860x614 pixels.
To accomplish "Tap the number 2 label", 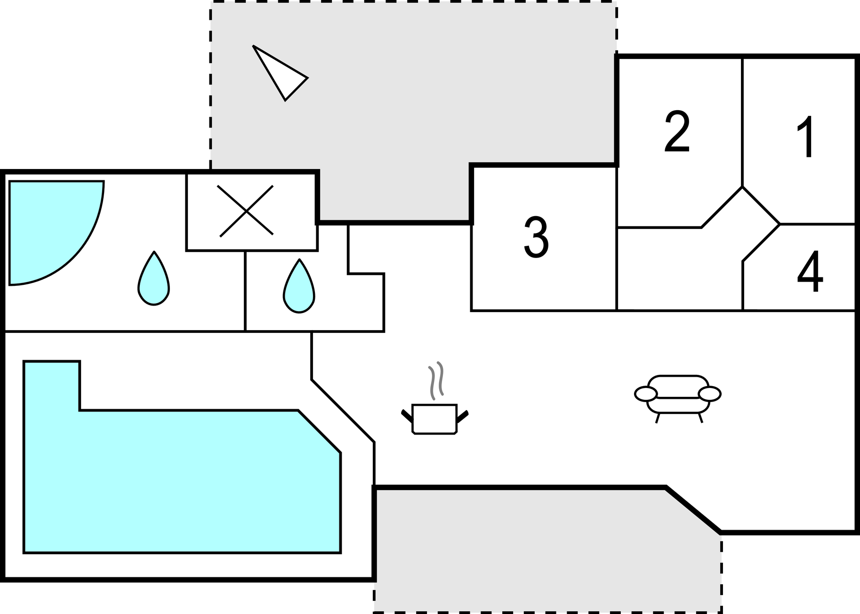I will tap(677, 132).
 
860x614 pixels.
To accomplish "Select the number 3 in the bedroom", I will tap(536, 237).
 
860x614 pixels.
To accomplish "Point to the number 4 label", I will tap(810, 271).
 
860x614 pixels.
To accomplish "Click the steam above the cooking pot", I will tap(436, 380).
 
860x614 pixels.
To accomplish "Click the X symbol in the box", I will tap(246, 211).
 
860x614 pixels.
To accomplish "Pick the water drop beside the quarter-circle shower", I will tap(153, 281).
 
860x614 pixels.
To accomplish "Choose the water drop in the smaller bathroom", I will tap(299, 288).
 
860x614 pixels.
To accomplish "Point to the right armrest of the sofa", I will tap(709, 394).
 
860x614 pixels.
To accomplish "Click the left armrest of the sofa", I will tap(646, 394).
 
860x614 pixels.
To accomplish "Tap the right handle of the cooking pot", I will tap(462, 416).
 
